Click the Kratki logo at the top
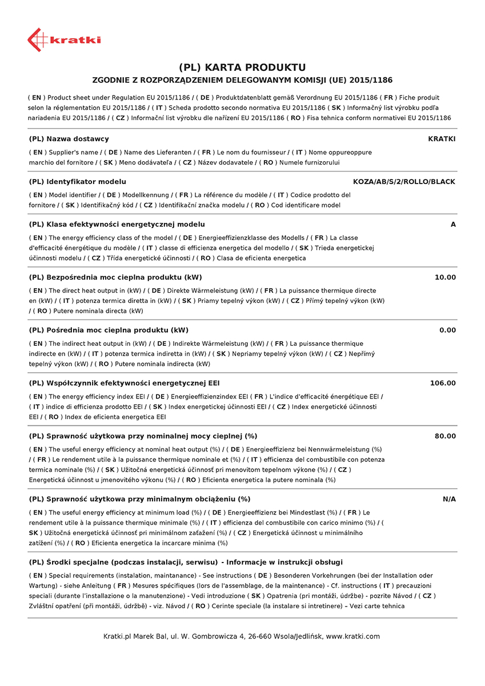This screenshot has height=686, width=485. pos(63,39)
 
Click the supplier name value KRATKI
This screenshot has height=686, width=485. pos(442,139)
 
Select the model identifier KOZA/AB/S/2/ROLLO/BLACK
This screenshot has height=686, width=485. pos(404,182)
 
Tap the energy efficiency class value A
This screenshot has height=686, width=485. pos(453,225)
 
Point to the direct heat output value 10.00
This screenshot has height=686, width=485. pos(445,277)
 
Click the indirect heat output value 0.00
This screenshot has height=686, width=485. pos(447,330)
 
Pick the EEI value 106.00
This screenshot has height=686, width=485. pos(443,383)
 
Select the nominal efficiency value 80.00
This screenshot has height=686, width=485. pos(445,436)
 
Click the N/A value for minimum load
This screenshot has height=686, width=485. pos(449,499)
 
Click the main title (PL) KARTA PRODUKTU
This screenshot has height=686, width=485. pos(242,67)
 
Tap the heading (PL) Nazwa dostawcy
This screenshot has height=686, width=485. pos(69,139)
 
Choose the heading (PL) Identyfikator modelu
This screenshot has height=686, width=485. pos(77,182)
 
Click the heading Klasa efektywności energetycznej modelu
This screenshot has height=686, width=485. pos(117,225)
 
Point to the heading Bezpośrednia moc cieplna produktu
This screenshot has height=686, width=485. pos(115,277)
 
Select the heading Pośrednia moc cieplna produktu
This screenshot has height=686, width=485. pos(109,330)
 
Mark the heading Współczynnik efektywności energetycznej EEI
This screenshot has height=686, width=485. pos(124,383)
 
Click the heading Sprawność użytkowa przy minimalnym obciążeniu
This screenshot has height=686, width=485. pos(139,499)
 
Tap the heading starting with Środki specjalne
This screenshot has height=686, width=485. pos(186,562)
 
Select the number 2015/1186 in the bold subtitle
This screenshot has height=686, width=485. pos(371,80)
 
